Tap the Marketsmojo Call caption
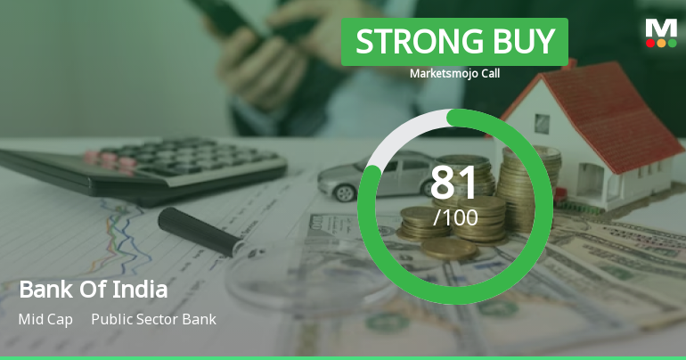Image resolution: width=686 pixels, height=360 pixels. (454, 73)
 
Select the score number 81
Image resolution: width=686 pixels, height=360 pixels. (455, 182)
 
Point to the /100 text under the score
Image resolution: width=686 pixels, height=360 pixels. (455, 217)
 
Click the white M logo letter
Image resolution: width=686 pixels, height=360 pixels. (661, 28)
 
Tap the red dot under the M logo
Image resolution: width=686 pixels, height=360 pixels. (650, 43)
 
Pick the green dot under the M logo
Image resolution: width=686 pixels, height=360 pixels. (672, 43)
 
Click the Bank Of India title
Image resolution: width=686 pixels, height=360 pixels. (93, 290)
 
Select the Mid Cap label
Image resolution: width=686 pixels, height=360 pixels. (45, 319)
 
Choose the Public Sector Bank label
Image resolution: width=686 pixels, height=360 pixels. (153, 319)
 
